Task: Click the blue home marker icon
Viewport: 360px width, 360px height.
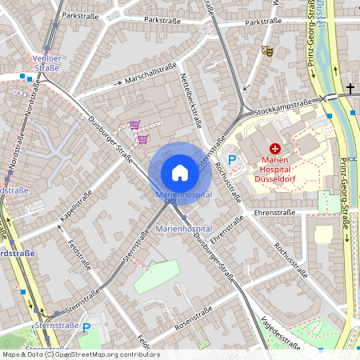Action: (x=180, y=172)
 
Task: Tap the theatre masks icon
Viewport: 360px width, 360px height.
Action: (x=268, y=50)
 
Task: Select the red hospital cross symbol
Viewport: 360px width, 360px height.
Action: (x=275, y=148)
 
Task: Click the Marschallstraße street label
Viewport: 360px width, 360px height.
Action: (x=150, y=74)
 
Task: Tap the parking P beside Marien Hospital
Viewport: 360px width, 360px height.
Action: (x=233, y=161)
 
